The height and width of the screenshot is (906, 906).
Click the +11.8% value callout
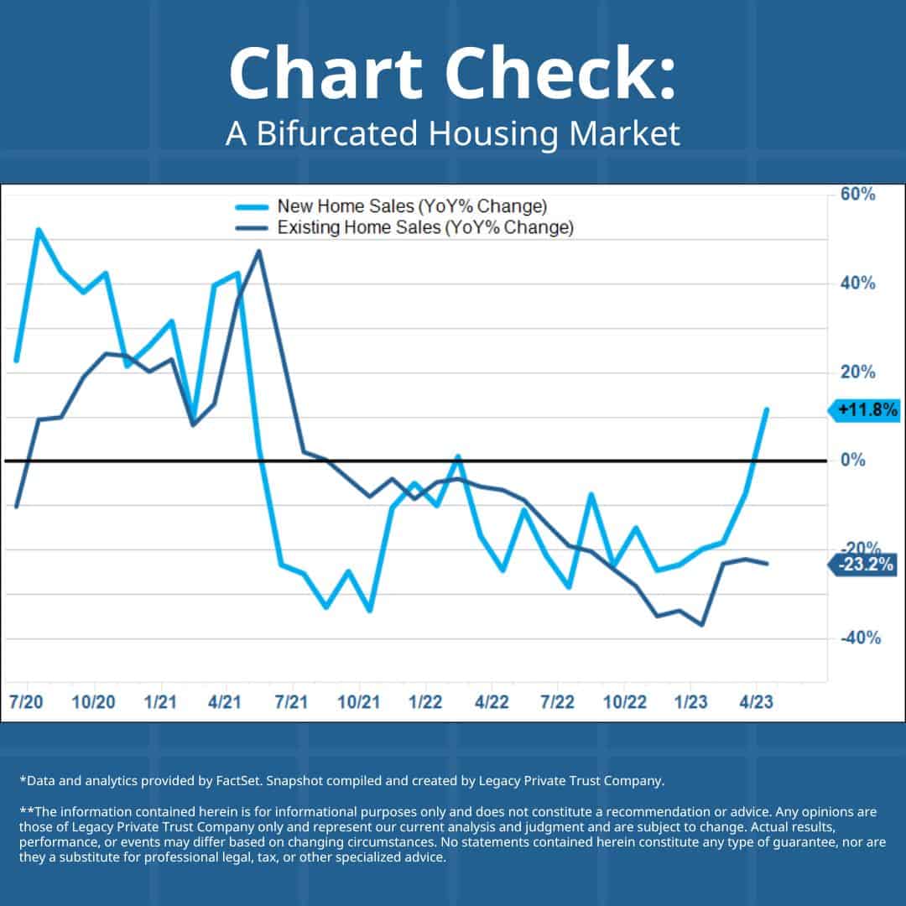(865, 411)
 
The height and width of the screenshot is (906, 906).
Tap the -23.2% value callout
(863, 565)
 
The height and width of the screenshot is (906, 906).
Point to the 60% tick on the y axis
(857, 195)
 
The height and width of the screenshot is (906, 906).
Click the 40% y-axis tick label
(857, 284)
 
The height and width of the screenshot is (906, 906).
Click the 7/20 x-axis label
(29, 701)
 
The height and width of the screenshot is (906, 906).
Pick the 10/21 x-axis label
(359, 701)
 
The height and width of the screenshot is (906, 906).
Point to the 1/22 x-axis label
(425, 701)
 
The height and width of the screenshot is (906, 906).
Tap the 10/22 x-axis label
(623, 701)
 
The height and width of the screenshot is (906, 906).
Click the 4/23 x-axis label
(756, 701)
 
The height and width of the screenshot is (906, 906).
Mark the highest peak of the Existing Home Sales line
(259, 251)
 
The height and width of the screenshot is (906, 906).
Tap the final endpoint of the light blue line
(766, 409)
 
